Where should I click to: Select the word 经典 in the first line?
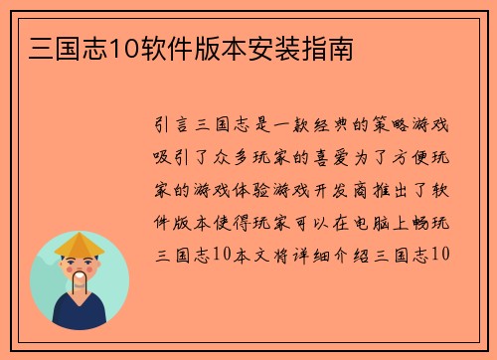372,126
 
